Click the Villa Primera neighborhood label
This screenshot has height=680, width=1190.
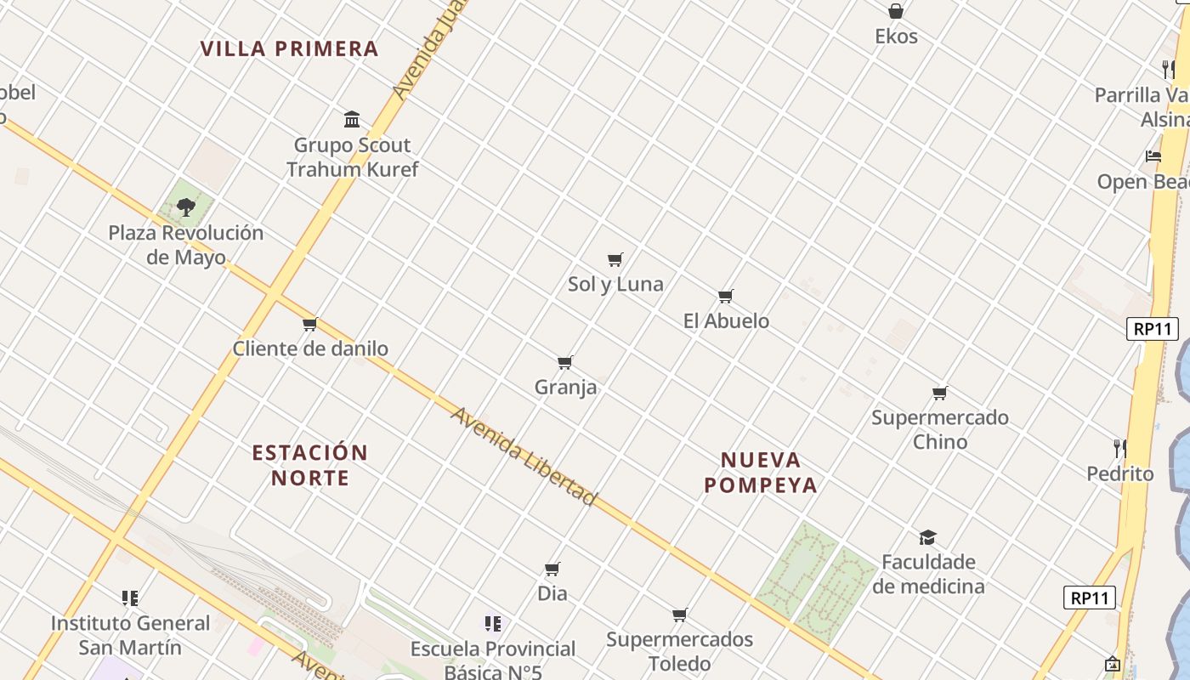(289, 48)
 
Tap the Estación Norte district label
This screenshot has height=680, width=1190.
(310, 464)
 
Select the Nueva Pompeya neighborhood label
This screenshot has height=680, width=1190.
(761, 473)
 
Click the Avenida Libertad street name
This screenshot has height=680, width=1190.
(524, 456)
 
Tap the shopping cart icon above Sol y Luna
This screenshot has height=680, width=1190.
(615, 259)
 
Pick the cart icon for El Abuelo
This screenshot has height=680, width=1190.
(726, 296)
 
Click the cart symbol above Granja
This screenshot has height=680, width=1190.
(565, 362)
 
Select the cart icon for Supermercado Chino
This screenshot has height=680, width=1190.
(940, 393)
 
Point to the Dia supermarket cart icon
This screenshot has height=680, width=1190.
(552, 569)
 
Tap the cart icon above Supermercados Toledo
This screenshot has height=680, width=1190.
(680, 615)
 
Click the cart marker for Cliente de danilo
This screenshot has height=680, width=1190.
(310, 324)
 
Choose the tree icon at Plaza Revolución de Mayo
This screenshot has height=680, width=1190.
(186, 207)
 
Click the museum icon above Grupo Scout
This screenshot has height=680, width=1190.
(352, 119)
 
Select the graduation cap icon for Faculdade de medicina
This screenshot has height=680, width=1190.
(927, 537)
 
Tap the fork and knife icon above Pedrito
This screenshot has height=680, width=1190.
(1120, 448)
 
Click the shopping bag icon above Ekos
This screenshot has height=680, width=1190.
(896, 11)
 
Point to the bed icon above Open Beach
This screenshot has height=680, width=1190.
(1153, 156)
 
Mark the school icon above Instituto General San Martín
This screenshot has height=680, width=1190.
(130, 598)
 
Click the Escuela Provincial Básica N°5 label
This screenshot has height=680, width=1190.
(493, 660)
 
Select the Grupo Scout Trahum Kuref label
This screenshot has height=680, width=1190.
(352, 157)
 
